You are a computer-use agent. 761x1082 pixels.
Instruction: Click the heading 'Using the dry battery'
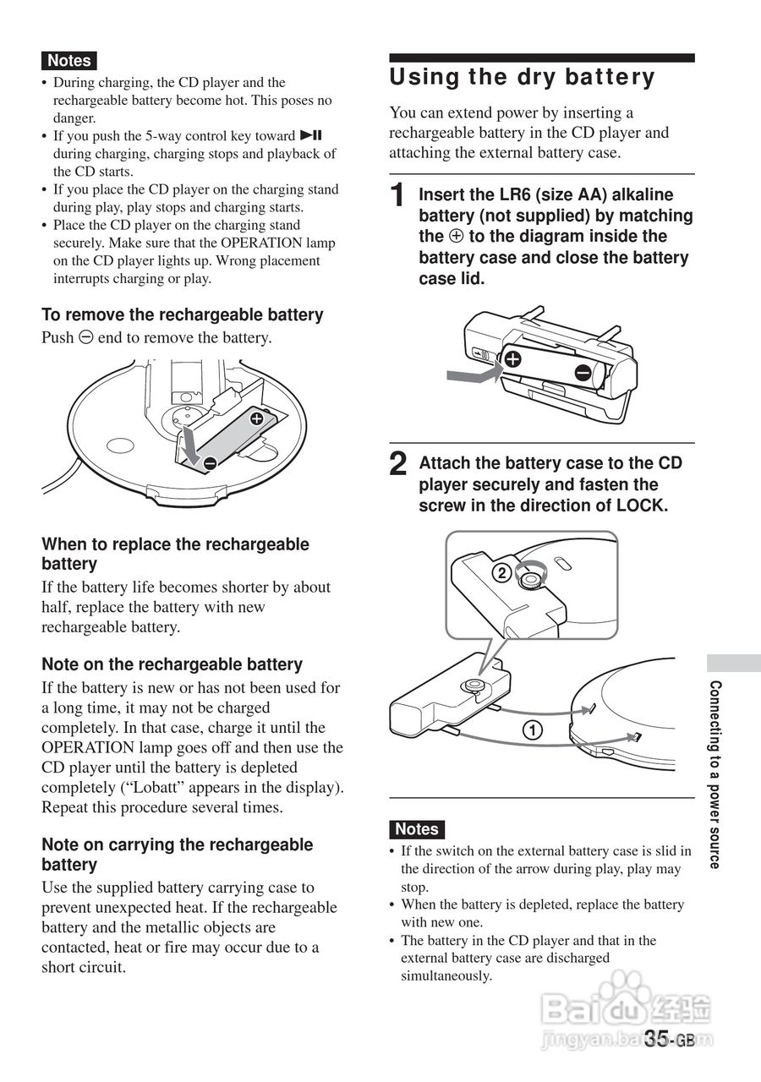click(522, 78)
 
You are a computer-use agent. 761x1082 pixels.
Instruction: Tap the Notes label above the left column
click(69, 61)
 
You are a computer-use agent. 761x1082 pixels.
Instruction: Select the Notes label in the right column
click(417, 829)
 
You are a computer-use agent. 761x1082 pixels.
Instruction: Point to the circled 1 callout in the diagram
click(531, 730)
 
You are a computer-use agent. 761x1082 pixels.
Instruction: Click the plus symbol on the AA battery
click(512, 358)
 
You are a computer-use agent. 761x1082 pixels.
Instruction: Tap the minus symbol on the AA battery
click(583, 373)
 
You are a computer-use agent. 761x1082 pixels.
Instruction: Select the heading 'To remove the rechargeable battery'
click(183, 314)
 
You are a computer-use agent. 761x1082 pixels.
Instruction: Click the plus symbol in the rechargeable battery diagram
click(256, 418)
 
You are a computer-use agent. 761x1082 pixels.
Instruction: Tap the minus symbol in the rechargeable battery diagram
click(209, 462)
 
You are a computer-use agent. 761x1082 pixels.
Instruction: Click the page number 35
click(658, 1039)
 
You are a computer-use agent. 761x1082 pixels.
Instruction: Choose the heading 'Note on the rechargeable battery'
click(172, 664)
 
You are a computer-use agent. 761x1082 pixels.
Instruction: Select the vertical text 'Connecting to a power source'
click(714, 774)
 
